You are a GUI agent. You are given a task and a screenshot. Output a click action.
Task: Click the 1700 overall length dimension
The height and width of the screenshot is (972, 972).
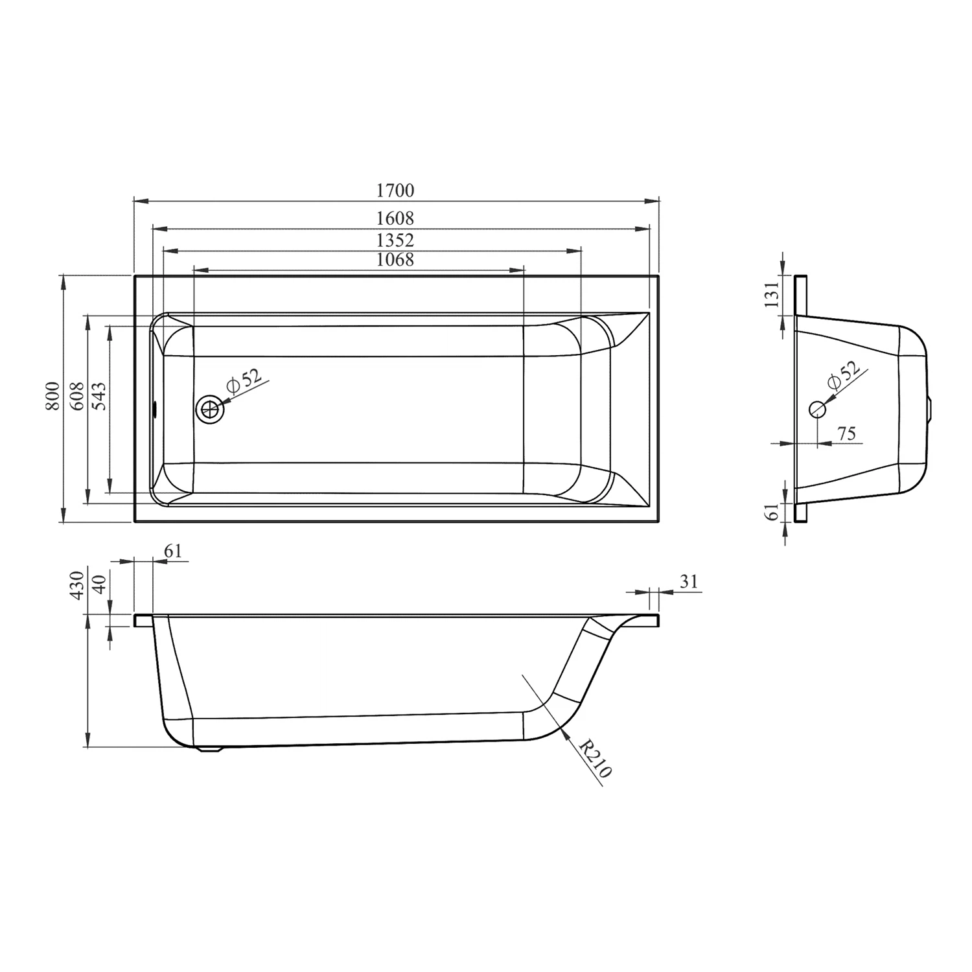(x=395, y=191)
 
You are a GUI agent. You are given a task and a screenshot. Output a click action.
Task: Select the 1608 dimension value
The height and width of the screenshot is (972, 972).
(x=395, y=218)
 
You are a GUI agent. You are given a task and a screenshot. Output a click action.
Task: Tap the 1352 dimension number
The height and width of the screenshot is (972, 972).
(x=395, y=240)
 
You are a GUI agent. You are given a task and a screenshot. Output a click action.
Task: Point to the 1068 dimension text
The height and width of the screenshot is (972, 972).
(x=395, y=259)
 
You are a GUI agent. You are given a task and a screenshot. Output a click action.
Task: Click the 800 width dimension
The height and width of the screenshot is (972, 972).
(x=53, y=396)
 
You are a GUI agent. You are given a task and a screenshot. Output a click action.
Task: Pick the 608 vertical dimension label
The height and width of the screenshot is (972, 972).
(x=76, y=396)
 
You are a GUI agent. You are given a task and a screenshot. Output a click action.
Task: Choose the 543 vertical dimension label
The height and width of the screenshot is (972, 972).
(x=100, y=396)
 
